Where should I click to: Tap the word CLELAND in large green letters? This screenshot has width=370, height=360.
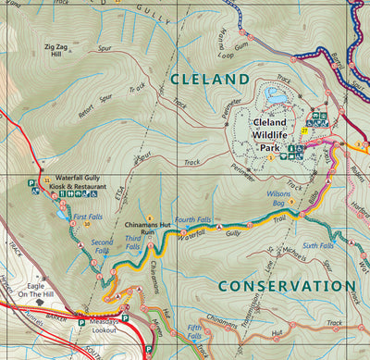click(x=209, y=80)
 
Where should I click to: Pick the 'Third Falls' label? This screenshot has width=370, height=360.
click(x=132, y=242)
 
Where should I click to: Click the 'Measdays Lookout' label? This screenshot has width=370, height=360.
click(x=104, y=324)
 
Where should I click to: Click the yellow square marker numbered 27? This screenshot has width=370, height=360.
click(x=303, y=131)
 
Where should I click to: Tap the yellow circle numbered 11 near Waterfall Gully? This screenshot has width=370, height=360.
click(x=46, y=180)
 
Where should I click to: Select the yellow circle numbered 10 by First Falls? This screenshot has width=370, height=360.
click(x=86, y=223)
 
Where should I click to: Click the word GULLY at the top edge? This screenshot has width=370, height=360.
click(x=150, y=9)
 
